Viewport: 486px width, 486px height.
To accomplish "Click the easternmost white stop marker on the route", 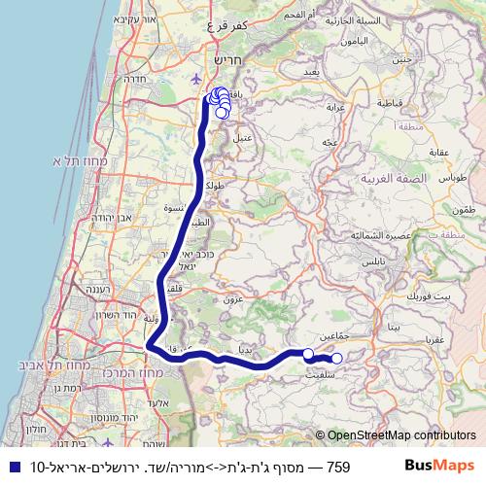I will click(337, 360).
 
